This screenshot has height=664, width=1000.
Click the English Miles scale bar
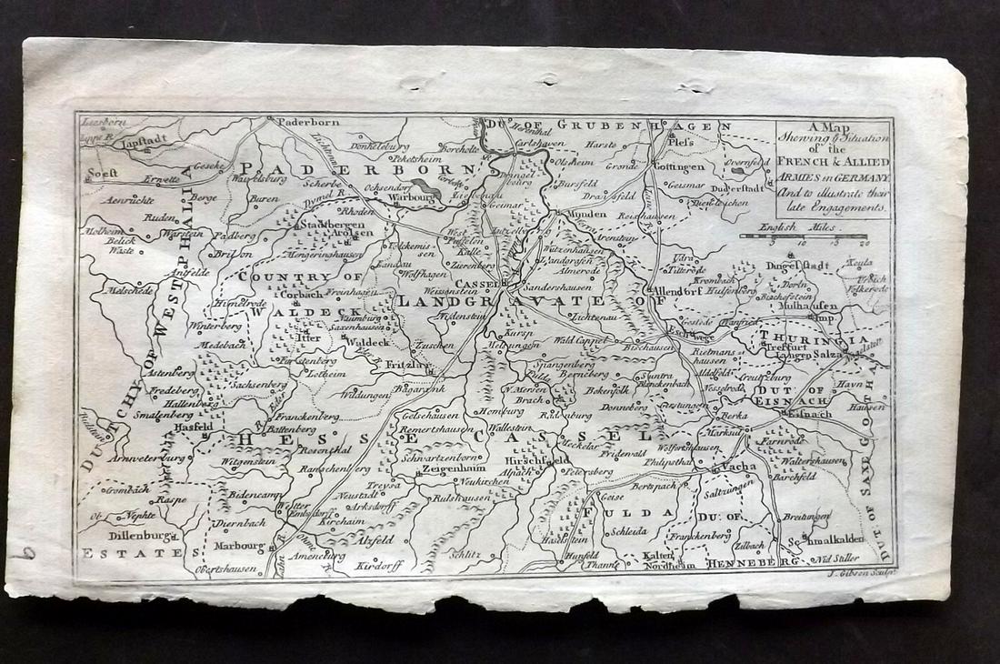click(805, 236)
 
